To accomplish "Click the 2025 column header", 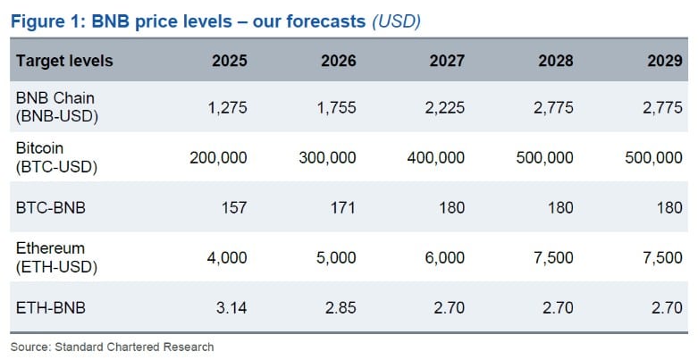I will click(230, 61).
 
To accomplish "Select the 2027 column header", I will click(446, 61).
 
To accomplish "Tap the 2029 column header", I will click(664, 61).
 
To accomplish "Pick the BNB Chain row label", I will click(55, 107).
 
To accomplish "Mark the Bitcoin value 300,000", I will click(326, 157).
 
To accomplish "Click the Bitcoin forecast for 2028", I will click(545, 157).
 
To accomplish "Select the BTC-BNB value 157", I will click(235, 207).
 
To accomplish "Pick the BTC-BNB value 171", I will click(343, 207).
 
